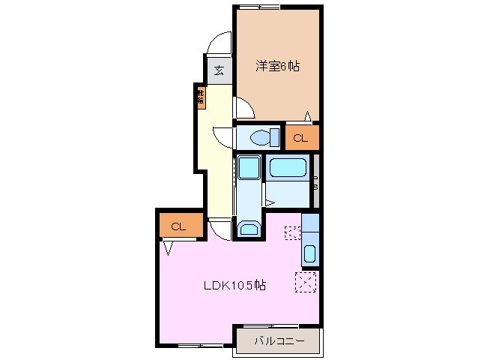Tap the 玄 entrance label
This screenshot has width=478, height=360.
[219, 70]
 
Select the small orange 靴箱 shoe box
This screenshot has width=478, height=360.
[201, 97]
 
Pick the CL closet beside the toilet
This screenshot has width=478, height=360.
[300, 137]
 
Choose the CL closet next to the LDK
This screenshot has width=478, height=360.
[178, 226]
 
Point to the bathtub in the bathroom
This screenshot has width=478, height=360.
[288, 169]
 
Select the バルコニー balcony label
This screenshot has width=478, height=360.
[279, 341]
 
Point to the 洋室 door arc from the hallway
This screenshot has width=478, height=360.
[245, 109]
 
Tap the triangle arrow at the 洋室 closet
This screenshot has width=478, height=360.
[307, 115]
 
